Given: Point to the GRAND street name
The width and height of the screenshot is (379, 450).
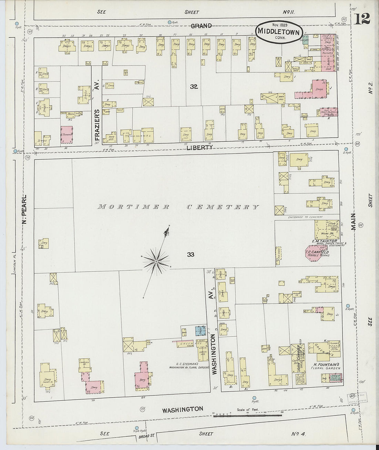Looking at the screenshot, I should (201, 26).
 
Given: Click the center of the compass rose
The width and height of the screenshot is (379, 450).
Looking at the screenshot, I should (156, 262).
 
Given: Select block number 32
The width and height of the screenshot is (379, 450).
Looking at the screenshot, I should (194, 87).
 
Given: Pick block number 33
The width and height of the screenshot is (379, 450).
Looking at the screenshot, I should (191, 254).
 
